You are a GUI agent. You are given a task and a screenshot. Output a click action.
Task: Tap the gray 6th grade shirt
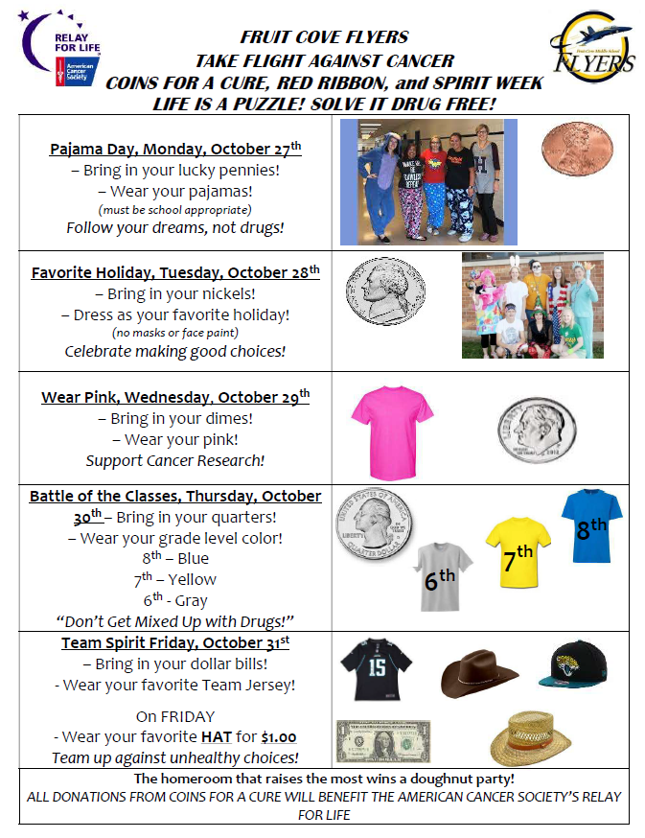click(442, 574)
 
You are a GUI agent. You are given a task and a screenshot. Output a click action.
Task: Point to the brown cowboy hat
click(479, 675)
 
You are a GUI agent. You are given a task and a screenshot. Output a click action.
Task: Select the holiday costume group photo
click(532, 305)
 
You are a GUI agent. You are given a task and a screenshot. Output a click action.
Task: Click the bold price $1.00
click(278, 737)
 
